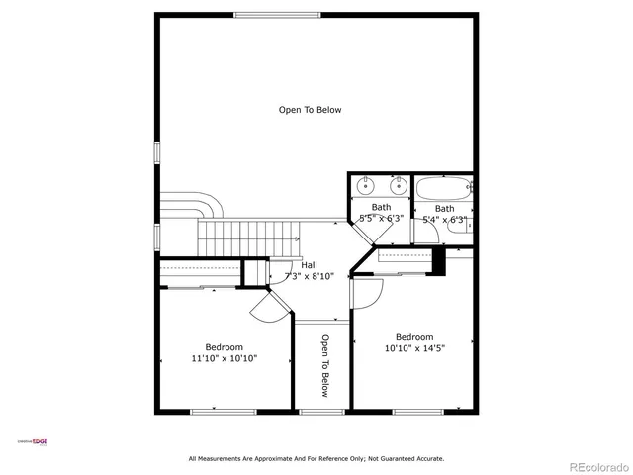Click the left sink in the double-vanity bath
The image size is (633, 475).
point(366,184)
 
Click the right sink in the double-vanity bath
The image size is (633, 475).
point(399,184)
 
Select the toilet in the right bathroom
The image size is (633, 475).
point(459,223)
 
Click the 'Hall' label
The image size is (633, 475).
point(309,265)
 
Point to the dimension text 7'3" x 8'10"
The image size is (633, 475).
point(309,276)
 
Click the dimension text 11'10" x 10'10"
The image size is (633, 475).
point(224,358)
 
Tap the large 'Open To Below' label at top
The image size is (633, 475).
point(310,110)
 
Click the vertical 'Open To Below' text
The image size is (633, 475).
point(323,366)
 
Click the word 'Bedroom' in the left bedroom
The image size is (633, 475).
point(224,346)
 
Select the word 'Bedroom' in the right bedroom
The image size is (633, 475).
point(413,336)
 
